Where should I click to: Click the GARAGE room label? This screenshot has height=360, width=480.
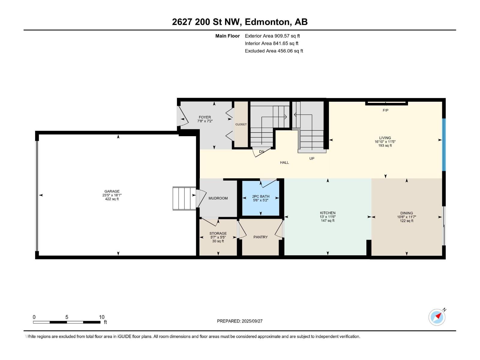pos(112,191)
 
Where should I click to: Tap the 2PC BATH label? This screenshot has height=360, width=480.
pos(260,196)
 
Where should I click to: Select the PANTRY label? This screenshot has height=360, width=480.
pos(260,237)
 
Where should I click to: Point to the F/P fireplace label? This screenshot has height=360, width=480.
pos(385,110)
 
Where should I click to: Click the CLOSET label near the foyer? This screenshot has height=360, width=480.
pos(241,124)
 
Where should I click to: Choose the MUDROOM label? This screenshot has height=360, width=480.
pos(218,198)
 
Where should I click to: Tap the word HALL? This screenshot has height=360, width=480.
pos(284,162)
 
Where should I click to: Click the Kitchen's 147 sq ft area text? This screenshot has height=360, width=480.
pos(327,220)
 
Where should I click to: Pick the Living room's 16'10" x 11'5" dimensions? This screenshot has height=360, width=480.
pos(385,142)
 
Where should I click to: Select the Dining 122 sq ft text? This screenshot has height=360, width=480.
pos(406,221)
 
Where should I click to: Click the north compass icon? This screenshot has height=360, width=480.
pos(437,317)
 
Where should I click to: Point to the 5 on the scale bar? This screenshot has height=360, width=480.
pos(67,317)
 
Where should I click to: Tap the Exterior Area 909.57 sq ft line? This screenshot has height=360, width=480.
pos(272,36)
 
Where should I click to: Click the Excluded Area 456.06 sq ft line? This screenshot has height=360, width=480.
pos(274,51)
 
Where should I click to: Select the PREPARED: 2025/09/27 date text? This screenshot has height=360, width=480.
pos(240,321)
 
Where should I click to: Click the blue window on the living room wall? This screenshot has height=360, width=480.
pos(444,145)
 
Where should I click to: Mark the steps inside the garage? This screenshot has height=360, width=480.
pos(184,198)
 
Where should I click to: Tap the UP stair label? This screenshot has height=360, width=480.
pos(312,158)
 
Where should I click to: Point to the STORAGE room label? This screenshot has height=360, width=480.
pos(218,233)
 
